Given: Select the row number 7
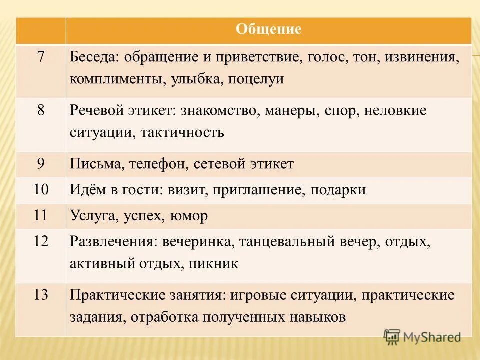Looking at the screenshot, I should point(41,57).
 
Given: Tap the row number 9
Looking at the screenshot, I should point(41,164).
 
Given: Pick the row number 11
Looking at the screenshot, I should point(41,216).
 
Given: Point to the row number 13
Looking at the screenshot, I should point(41,295).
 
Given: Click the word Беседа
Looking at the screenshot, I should point(92,57).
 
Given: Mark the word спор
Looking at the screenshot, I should point(339,111).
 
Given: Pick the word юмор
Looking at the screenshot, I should point(189,216).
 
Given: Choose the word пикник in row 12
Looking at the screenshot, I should point(213,264).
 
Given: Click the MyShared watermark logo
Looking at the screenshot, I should point(422,337).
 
